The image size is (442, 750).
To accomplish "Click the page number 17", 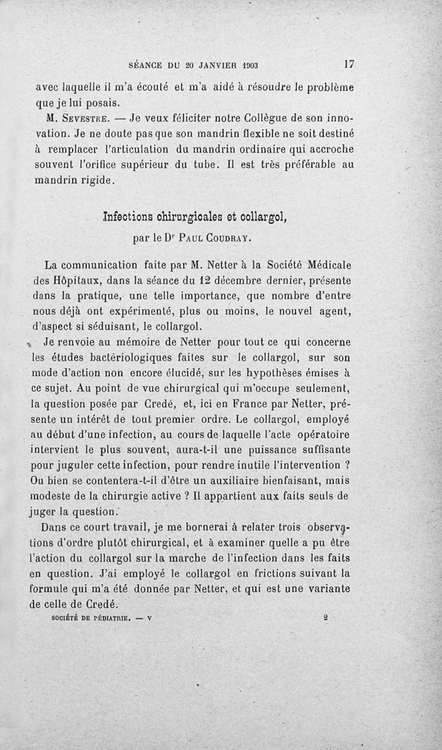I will pos(349,64).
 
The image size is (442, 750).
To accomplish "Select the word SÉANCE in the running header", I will pos(146,65).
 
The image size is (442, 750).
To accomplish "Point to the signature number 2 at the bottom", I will pos(327,619).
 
